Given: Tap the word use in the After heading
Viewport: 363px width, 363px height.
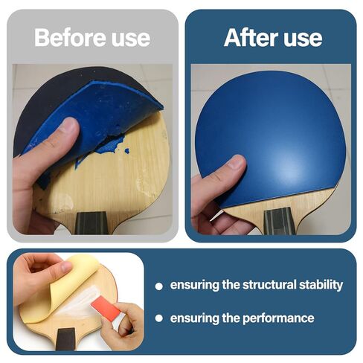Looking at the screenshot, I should pos(302,37).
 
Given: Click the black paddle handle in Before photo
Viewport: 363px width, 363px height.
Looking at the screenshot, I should pos(94,222).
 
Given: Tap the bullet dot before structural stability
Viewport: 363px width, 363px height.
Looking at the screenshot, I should pos(158,286).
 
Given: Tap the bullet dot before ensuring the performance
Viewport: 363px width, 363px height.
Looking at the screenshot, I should pos(158,319).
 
